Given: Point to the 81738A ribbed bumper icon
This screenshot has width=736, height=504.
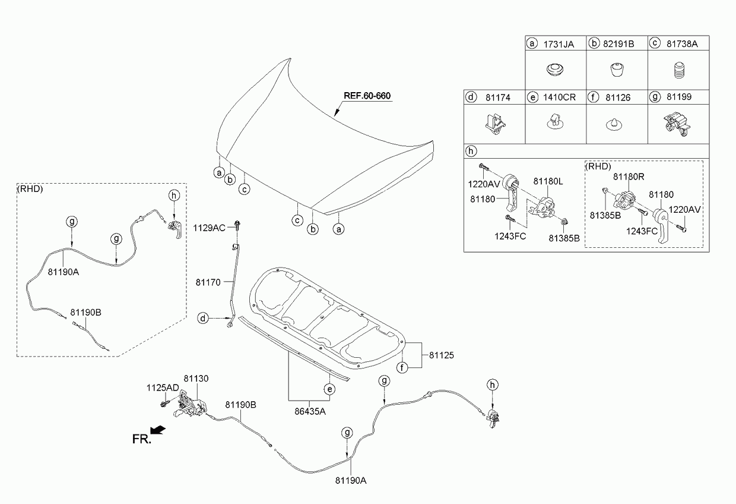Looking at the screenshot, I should (x=677, y=72).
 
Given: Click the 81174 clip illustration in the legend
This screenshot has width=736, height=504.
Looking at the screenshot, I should (x=493, y=122).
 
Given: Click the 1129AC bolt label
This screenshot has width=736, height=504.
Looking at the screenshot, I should (x=209, y=228).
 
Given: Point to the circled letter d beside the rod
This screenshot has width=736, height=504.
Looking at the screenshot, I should (x=204, y=319).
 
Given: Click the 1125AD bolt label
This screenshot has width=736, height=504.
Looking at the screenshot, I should (x=163, y=388).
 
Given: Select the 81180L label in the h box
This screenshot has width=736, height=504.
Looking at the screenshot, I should (x=547, y=181).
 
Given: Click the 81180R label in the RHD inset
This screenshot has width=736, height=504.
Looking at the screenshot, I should (x=628, y=176).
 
